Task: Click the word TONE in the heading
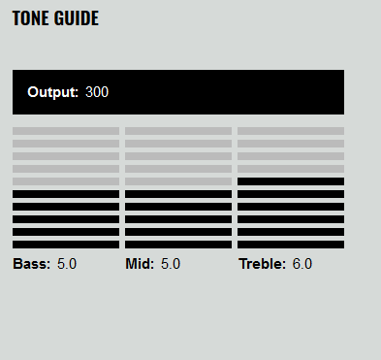[x=31, y=18]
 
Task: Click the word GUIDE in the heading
[x=77, y=18]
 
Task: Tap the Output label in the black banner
[x=53, y=92]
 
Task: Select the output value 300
[x=97, y=92]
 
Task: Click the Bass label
[x=32, y=264]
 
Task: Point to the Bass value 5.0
[x=67, y=264]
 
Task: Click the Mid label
[x=140, y=264]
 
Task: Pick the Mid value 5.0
[x=171, y=264]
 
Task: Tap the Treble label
[x=263, y=264]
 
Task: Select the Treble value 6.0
[x=302, y=264]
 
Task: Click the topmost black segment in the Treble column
[x=291, y=181]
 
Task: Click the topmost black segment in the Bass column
[x=66, y=194]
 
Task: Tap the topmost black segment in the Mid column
[x=178, y=194]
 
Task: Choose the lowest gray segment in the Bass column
[x=66, y=181]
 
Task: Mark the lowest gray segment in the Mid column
[x=178, y=181]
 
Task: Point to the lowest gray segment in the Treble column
[x=291, y=169]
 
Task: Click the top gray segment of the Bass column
[x=66, y=131]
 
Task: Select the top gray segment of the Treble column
[x=291, y=131]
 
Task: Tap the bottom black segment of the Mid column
[x=178, y=245]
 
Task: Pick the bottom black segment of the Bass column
[x=66, y=245]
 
